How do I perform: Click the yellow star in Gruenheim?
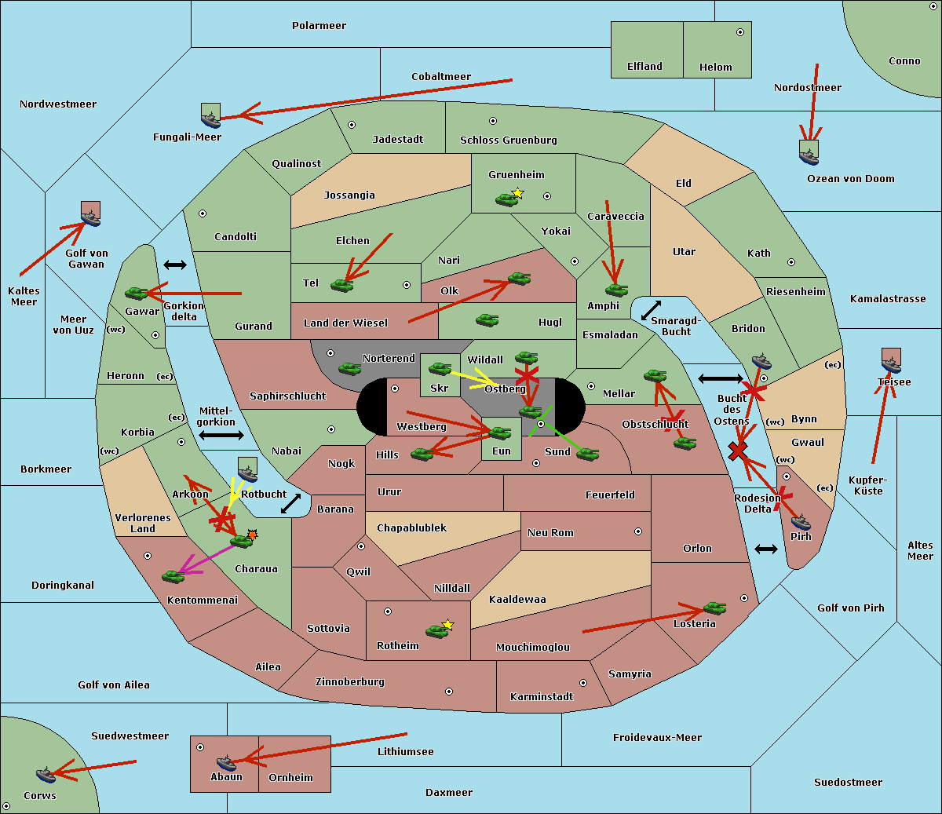click(517, 193)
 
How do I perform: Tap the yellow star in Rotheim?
click(448, 625)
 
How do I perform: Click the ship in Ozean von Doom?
click(809, 153)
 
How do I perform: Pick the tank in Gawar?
click(137, 293)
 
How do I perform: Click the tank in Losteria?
click(714, 608)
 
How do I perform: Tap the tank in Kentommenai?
click(173, 576)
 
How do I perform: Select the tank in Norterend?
click(349, 368)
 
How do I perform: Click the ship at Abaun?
click(226, 762)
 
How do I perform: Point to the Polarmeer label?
click(319, 26)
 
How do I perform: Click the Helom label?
click(715, 68)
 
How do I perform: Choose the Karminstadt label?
click(542, 696)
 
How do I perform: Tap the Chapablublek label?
click(411, 527)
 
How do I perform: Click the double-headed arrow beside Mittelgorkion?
click(221, 436)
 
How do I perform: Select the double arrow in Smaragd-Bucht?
click(652, 311)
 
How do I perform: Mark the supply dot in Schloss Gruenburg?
click(493, 121)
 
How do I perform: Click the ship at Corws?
click(47, 775)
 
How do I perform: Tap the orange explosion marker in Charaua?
click(252, 535)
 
